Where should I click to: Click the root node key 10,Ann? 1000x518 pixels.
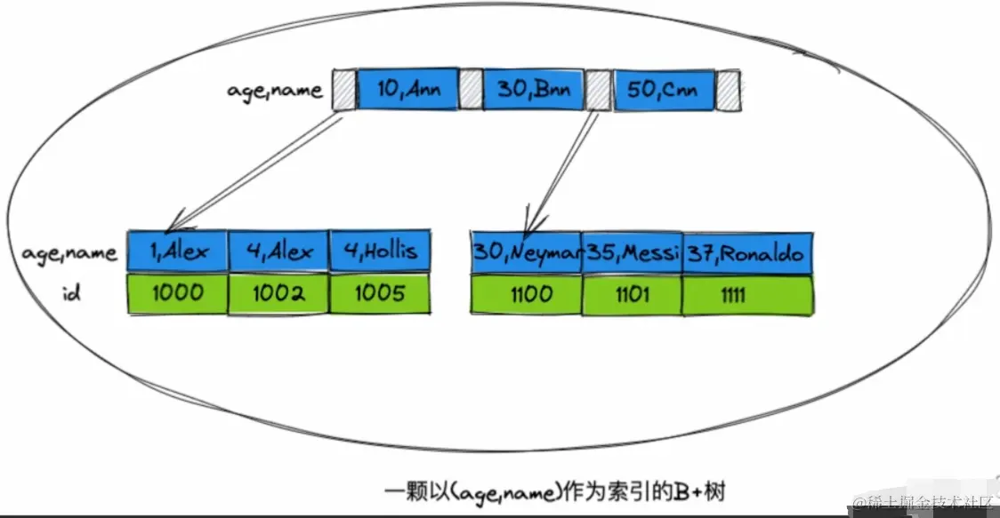(x=407, y=89)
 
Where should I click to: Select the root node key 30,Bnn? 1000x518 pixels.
(x=534, y=89)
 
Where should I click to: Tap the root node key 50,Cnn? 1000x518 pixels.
(x=663, y=90)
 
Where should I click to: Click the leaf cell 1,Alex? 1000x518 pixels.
(x=178, y=251)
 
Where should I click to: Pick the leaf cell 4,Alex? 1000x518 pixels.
(x=278, y=251)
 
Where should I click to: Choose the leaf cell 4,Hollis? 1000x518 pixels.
(x=380, y=251)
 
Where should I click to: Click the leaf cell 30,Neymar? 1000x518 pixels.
(x=527, y=253)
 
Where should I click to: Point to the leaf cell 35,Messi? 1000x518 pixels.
(x=632, y=253)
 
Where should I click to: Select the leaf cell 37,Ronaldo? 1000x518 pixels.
(x=747, y=253)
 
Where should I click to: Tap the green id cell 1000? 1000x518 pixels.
(x=178, y=293)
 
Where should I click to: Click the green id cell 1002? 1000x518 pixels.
(x=278, y=293)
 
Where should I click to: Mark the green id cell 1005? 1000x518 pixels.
(x=380, y=293)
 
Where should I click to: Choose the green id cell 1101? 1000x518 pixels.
(x=632, y=294)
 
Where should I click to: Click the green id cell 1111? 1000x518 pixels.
(x=747, y=294)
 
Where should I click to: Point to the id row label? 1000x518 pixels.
(x=71, y=293)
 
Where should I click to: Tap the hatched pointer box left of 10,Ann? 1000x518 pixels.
(x=343, y=90)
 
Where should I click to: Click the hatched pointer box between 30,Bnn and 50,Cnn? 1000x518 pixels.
(x=598, y=90)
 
